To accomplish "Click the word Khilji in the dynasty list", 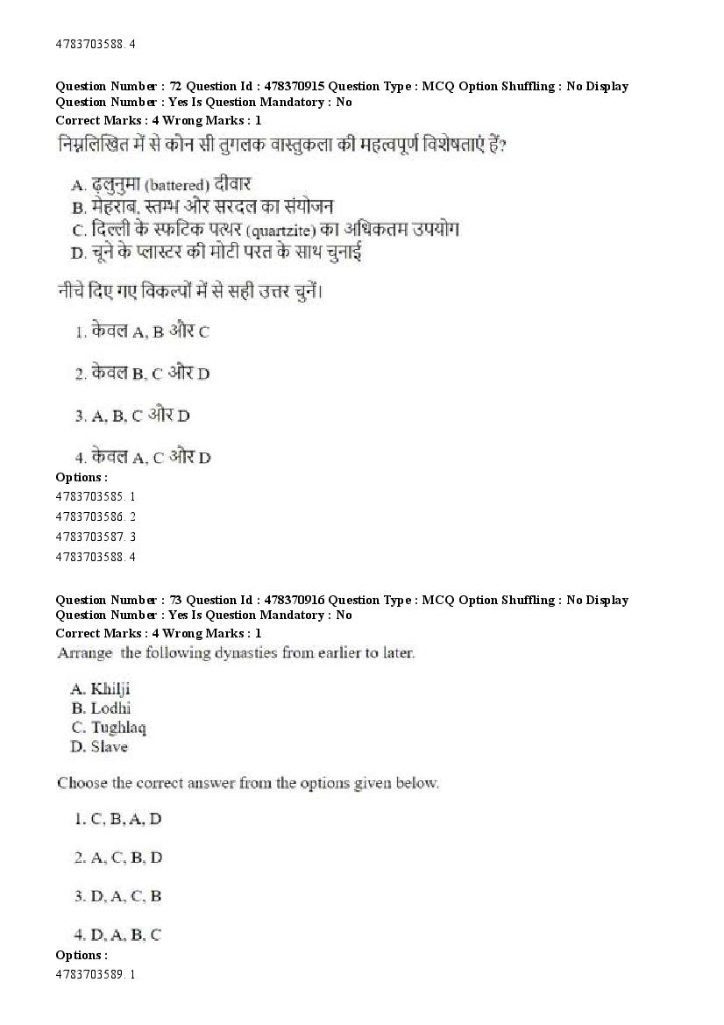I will (110, 689).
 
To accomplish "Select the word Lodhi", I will (111, 708).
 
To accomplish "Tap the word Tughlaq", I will (118, 728).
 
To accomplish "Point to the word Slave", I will (110, 747).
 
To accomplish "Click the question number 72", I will (174, 86).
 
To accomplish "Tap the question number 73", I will (174, 600).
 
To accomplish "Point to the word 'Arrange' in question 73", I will (85, 653).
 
